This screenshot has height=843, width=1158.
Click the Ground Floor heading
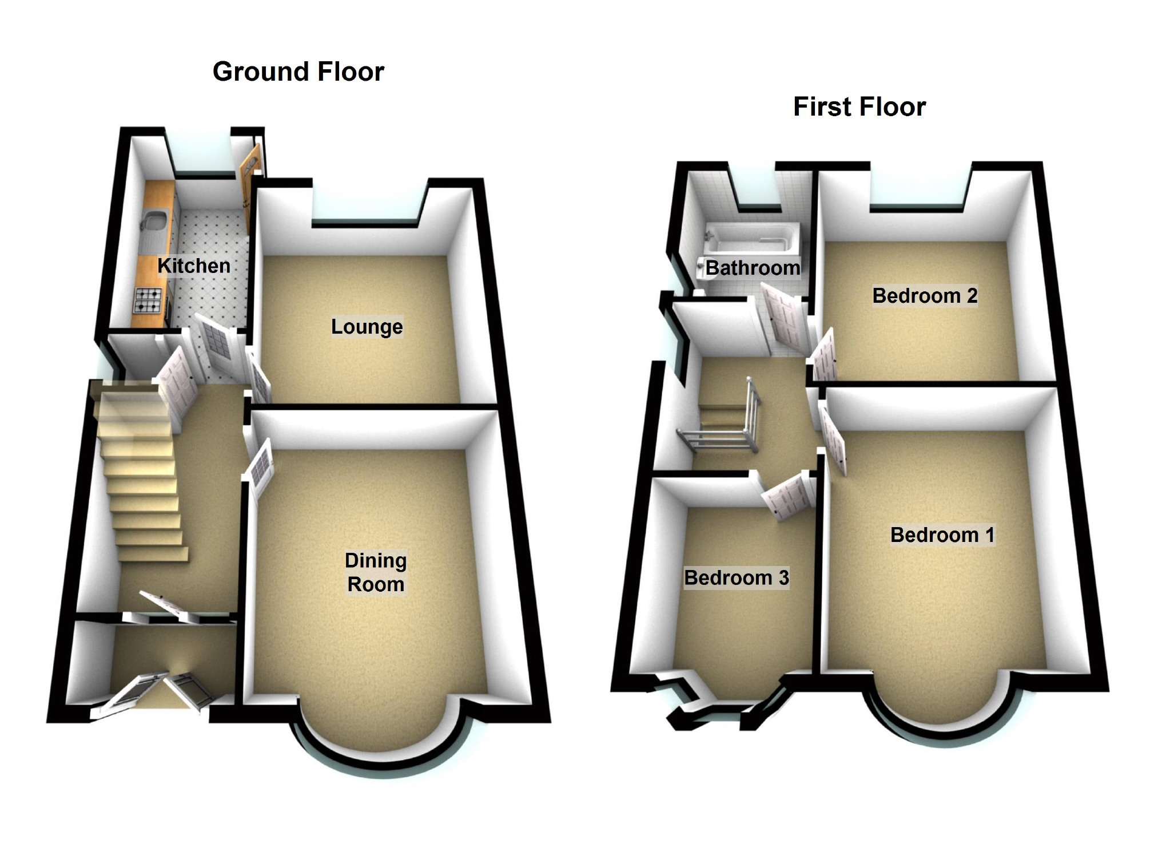pos(298,72)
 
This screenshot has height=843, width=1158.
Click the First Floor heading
pos(859,107)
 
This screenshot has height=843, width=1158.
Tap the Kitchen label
pos(194,266)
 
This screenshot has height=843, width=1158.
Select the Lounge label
pos(367,327)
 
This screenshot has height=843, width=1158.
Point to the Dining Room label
pos(376,572)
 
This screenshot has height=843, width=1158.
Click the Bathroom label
pos(753,268)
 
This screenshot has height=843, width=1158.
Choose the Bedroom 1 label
pos(942,535)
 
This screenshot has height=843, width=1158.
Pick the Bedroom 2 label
pos(925,296)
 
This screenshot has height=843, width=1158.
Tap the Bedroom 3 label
pos(737,578)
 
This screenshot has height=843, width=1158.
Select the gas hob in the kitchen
pos(148,300)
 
